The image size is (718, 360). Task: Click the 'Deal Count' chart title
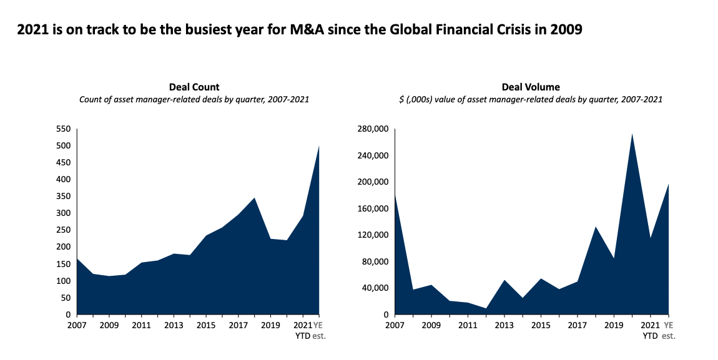tap(194, 87)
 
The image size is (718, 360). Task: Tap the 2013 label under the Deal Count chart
tap(174, 325)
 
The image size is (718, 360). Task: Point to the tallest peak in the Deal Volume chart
tap(632, 134)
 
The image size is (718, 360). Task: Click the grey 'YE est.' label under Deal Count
tap(320, 330)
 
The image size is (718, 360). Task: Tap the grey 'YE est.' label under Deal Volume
tap(669, 330)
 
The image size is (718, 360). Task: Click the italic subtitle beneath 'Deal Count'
tap(194, 99)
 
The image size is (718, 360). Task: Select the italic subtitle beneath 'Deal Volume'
tap(530, 99)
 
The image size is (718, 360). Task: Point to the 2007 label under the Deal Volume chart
tap(395, 325)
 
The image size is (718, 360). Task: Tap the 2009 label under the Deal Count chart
tap(109, 325)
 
